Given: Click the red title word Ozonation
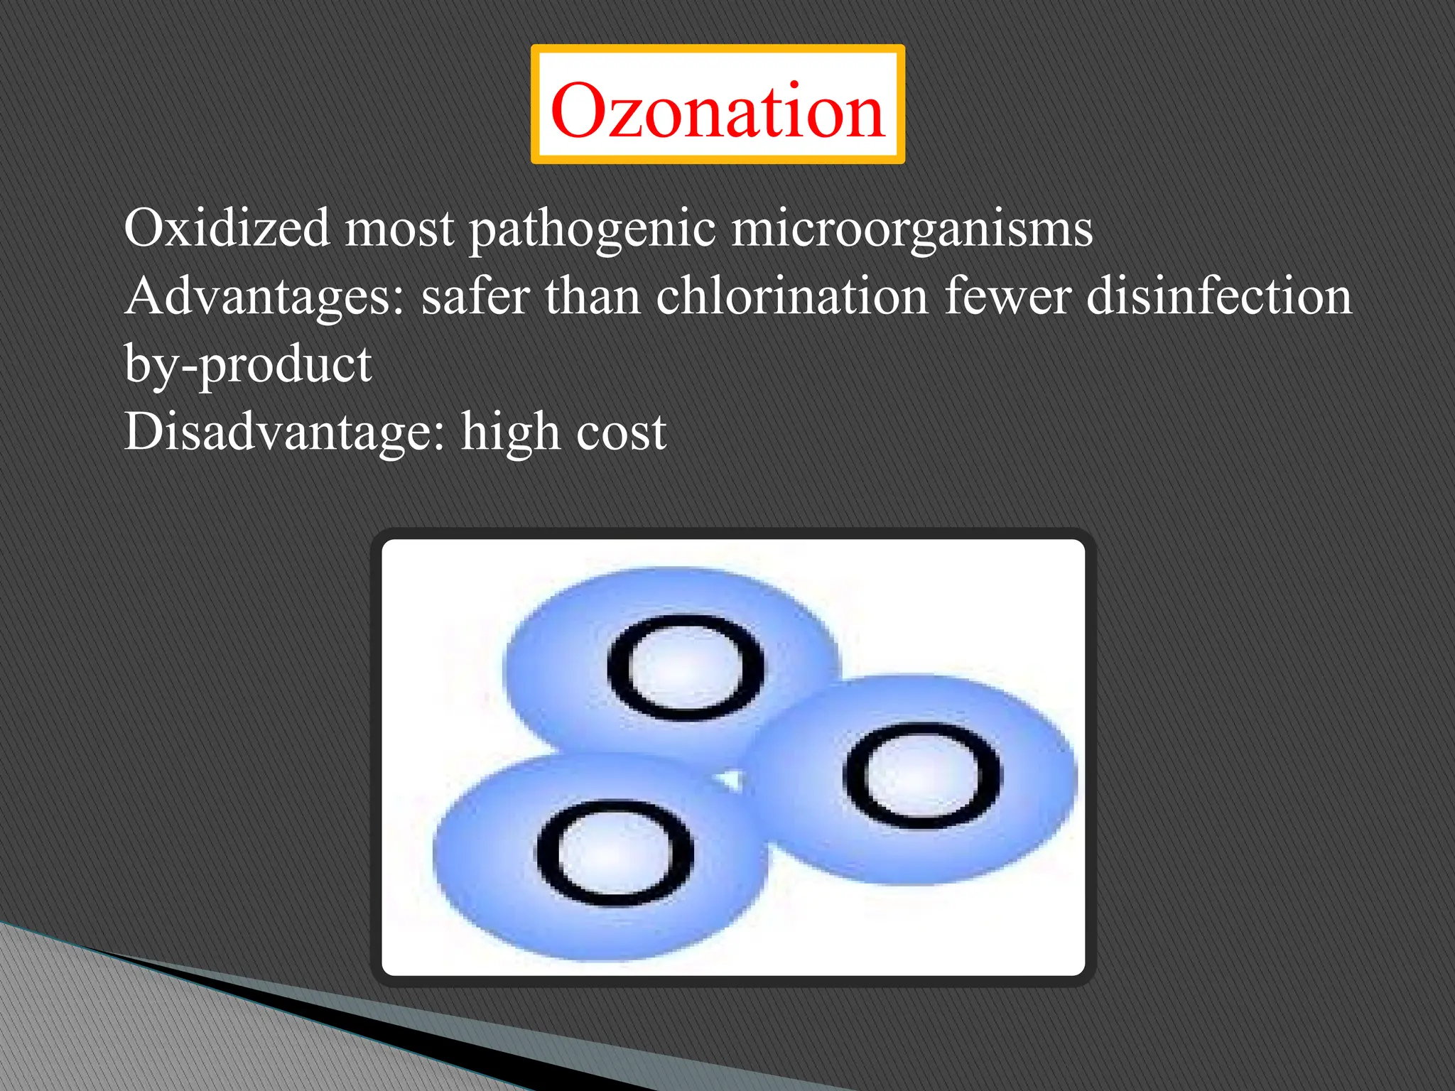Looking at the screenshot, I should coord(718,110).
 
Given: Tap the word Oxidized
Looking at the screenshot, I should coord(227,229).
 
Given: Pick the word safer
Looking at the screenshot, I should coord(475,295).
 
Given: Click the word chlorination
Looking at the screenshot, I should coord(791,295).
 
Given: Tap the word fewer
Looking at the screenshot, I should coord(1007,297).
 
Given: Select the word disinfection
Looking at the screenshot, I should coord(1218,295).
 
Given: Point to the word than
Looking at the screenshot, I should coord(593,295).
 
